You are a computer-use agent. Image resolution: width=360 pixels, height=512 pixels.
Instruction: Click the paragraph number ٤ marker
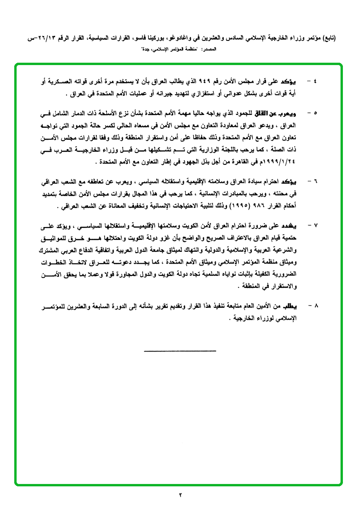tap(316, 81)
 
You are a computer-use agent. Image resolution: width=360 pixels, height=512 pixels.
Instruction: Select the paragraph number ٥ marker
tap(316, 114)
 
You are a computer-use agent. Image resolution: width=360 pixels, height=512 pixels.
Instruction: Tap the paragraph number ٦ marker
tap(316, 182)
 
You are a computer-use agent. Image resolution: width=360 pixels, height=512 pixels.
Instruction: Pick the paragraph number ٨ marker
tap(316, 306)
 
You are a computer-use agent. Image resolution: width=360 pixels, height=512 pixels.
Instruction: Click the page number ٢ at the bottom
tap(180, 495)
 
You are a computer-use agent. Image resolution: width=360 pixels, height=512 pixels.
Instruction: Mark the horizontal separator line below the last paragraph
tap(180, 351)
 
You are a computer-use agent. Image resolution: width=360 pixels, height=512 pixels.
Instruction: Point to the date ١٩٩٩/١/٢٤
tap(278, 161)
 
